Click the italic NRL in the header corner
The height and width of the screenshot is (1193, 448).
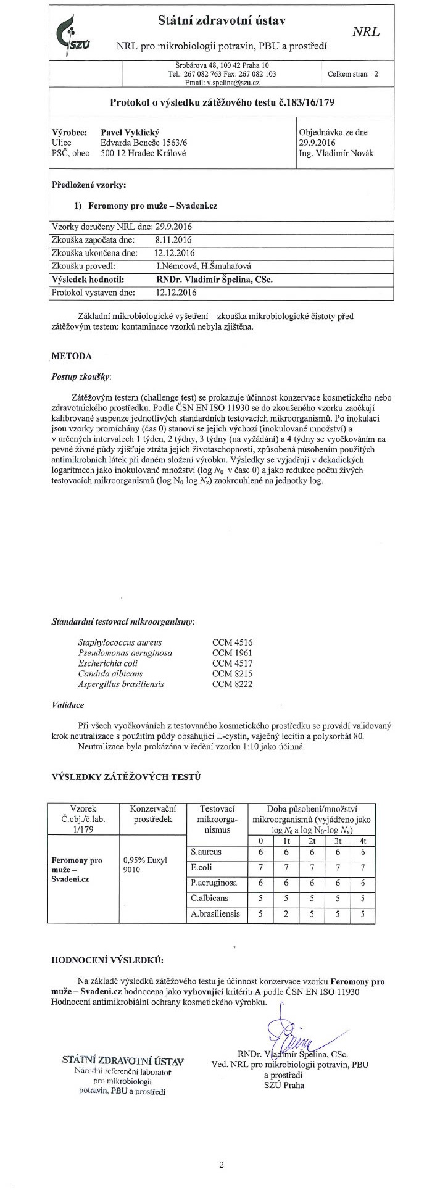point(365,32)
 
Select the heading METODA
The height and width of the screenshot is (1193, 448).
point(72,356)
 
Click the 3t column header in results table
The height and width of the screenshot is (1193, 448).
point(338,840)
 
